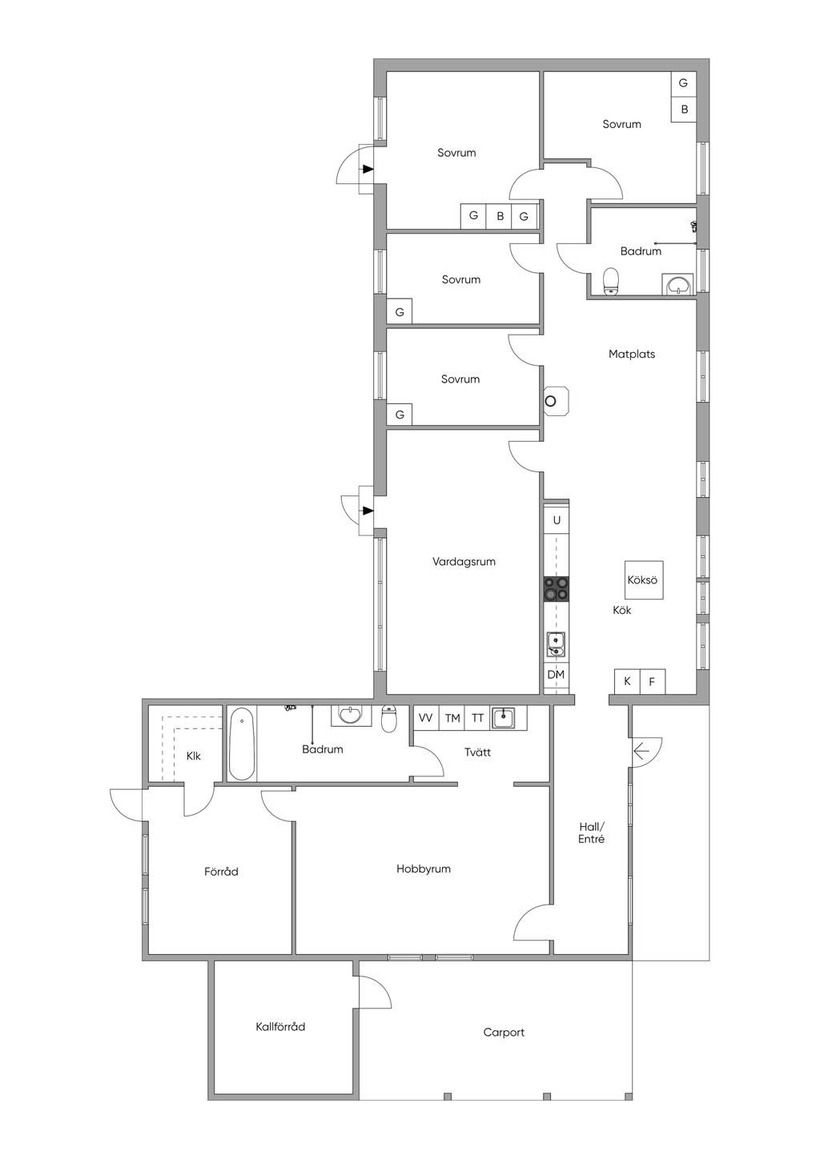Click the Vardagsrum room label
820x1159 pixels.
pos(464,562)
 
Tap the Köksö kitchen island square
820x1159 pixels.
pos(643,579)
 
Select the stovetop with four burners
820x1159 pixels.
pos(557,588)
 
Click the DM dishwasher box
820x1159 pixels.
pos(556,675)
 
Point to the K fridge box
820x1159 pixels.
pos(627,682)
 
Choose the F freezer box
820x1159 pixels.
pos(652,682)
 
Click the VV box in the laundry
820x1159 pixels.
pos(426,718)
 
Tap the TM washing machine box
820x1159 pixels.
pos(452,718)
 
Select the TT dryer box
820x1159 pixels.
pos(477,718)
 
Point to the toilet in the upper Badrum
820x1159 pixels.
pos(612,281)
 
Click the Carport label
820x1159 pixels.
pos(504,1033)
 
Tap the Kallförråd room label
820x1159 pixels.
pos(280,1027)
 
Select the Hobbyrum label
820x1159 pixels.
pos(424,869)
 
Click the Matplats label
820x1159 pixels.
pos(632,354)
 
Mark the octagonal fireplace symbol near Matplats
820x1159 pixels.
pos(555,401)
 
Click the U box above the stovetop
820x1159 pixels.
pos(557,520)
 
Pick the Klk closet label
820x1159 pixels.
pos(193,756)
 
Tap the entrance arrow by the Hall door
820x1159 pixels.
pos(641,752)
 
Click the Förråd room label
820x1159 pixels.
pos(221,872)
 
